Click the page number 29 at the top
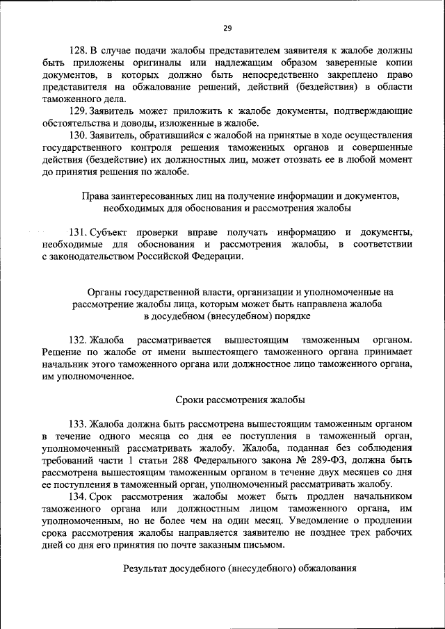point(227,28)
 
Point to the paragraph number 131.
point(79,231)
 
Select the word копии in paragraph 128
point(398,63)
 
